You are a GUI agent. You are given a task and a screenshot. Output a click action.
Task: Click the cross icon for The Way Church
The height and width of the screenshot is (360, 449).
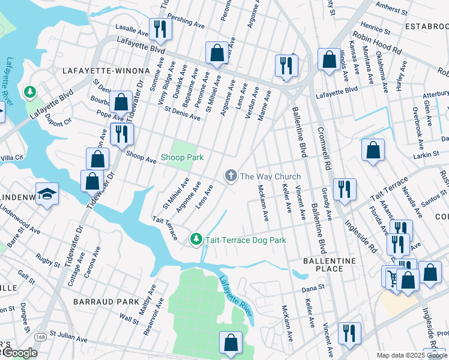pos(230,176)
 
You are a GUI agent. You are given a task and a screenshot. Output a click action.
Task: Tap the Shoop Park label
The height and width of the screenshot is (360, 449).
pos(182,158)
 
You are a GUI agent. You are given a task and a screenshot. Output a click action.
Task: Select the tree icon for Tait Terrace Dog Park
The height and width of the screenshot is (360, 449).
pos(196,239)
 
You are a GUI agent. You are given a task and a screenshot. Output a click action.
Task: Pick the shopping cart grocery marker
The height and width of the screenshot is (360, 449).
pos(393,277)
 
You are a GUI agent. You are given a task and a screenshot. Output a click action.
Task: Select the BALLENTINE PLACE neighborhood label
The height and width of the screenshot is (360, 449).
pos(330,265)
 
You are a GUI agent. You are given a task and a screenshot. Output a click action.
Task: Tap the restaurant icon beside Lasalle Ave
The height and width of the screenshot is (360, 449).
pos(159,30)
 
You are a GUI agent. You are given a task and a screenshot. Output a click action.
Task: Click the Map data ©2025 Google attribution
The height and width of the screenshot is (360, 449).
pos(411,355)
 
